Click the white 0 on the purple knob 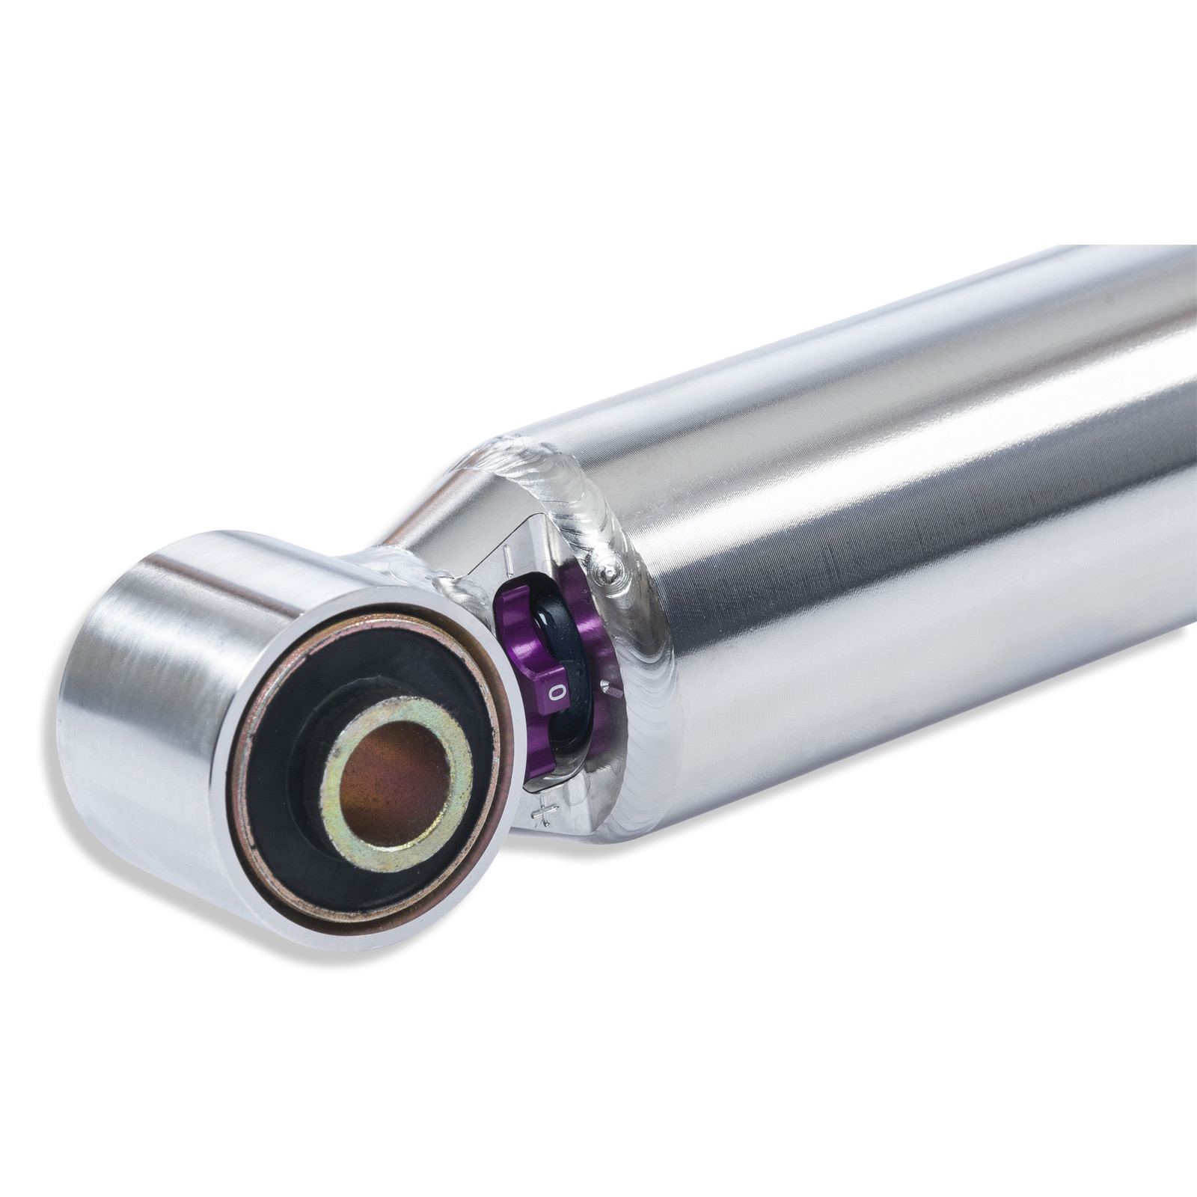coord(555,692)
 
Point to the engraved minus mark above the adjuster coord(509,557)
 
